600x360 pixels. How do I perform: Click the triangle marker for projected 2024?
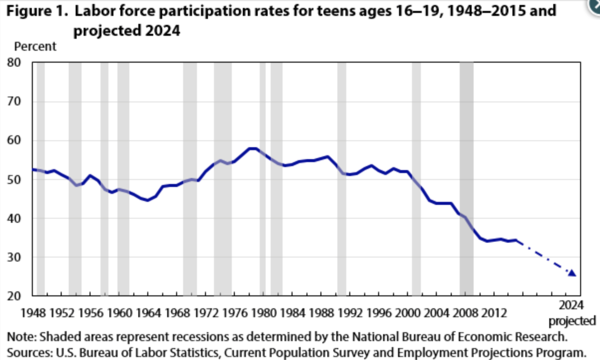(x=572, y=273)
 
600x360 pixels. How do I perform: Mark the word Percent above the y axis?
(x=35, y=47)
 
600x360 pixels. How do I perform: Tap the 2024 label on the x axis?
(x=572, y=305)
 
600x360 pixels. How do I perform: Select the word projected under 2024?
(x=572, y=321)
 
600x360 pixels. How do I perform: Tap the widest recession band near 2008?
(x=466, y=179)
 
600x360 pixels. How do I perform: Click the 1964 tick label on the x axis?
(x=147, y=313)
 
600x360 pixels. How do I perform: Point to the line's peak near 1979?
(x=253, y=148)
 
